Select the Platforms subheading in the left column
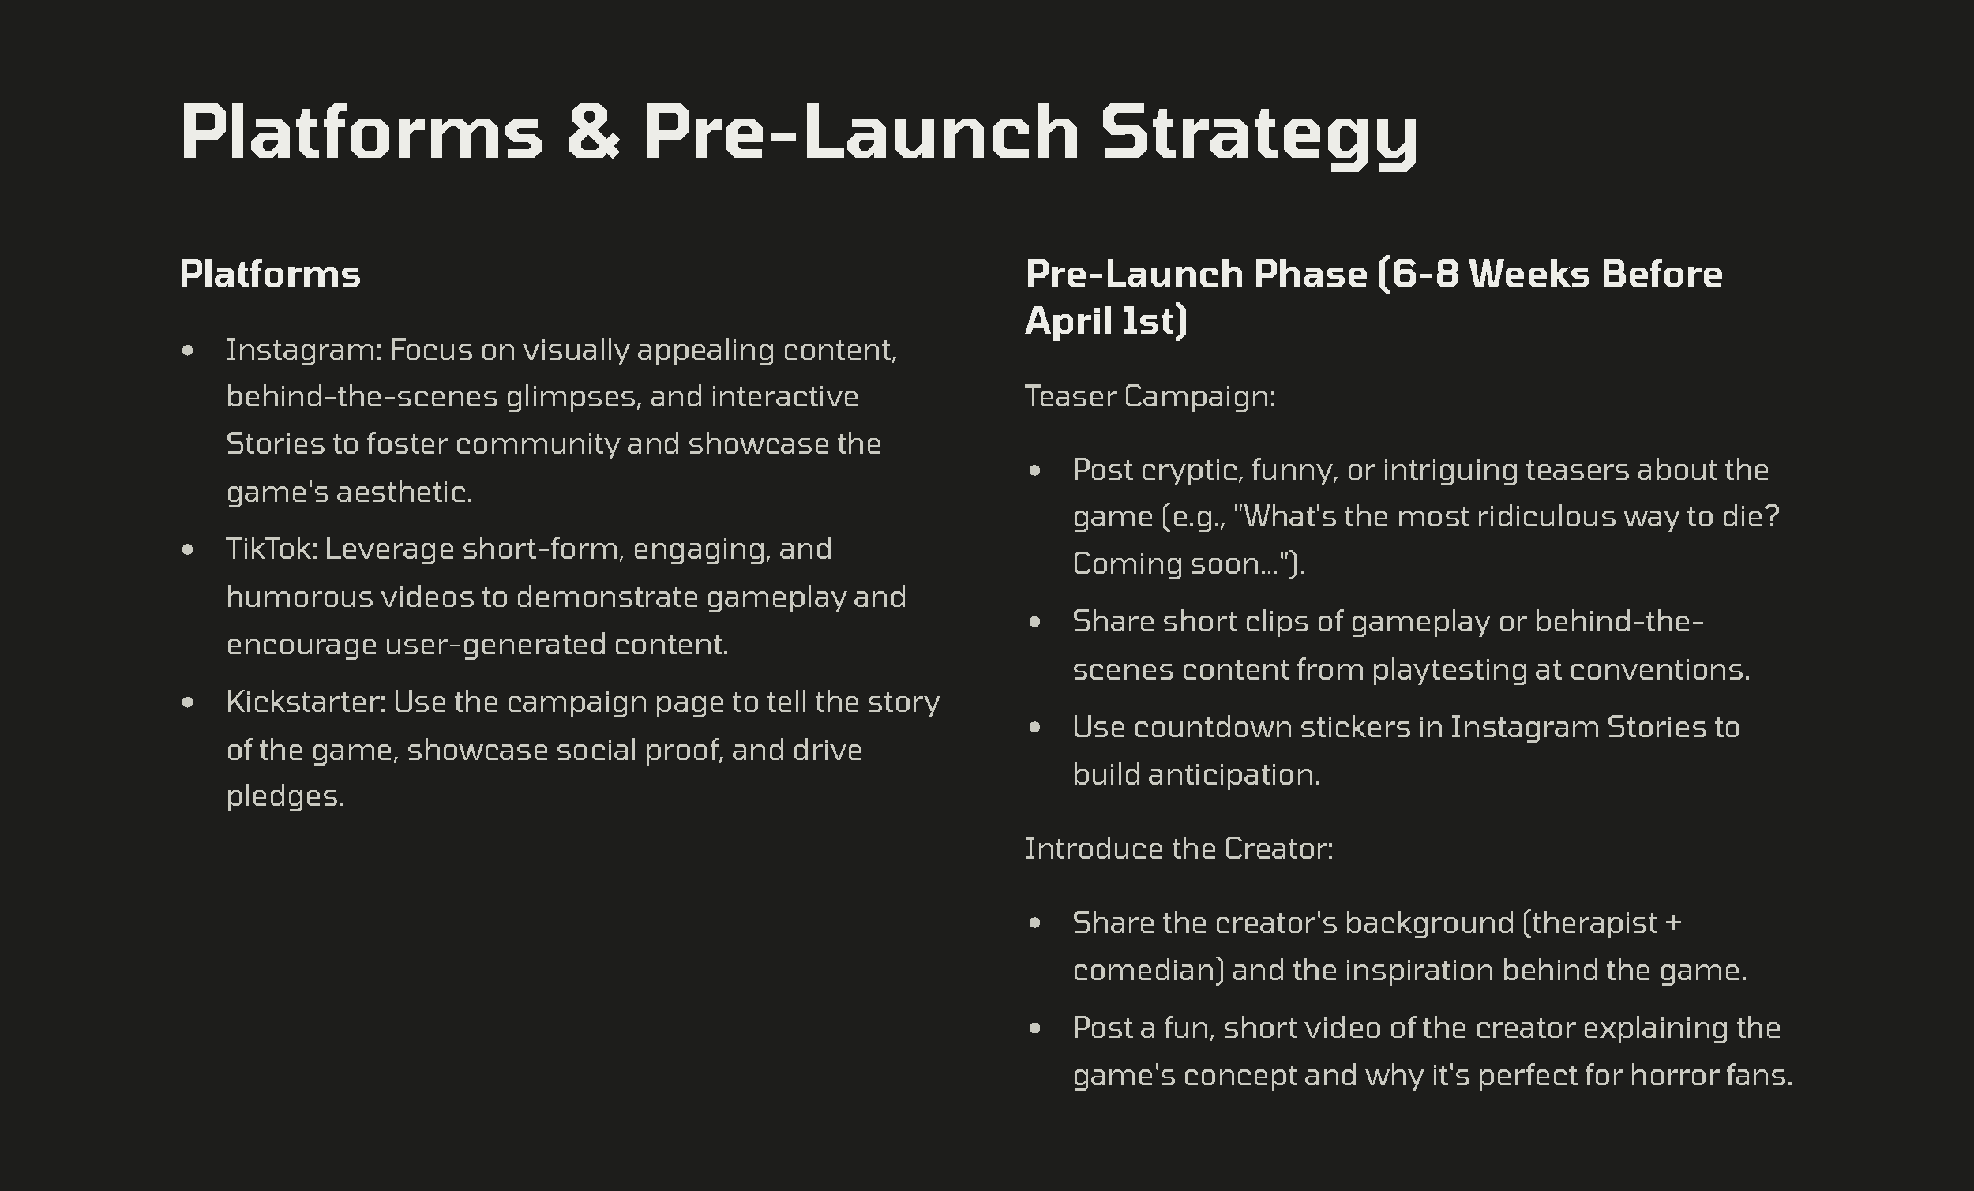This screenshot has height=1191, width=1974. click(x=270, y=274)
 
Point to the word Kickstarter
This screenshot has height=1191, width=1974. click(x=306, y=702)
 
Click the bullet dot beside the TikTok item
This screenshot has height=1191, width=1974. click(x=187, y=549)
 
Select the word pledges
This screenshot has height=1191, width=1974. click(x=285, y=797)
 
